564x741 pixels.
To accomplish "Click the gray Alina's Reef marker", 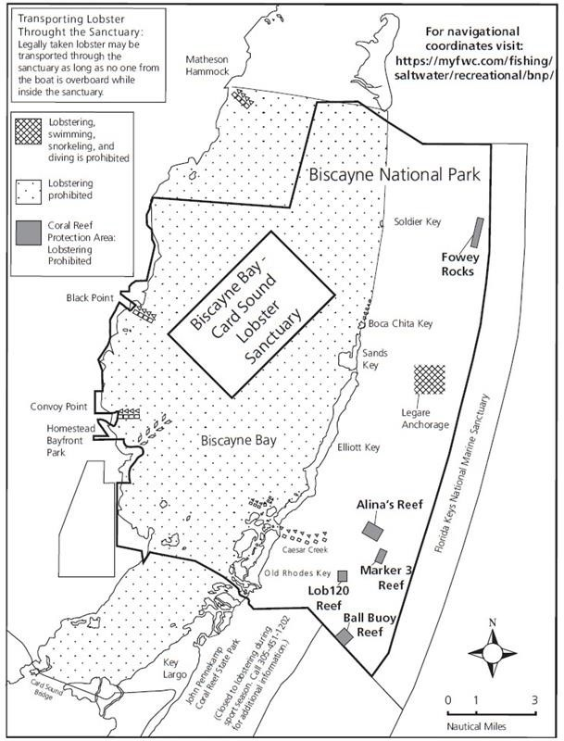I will tap(372, 530).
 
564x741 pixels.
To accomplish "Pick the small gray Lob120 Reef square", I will tap(342, 575).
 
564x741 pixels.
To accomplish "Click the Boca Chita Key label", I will tap(400, 323).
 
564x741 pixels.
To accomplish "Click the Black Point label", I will tap(90, 298).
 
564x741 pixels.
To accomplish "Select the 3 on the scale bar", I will tap(535, 699).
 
